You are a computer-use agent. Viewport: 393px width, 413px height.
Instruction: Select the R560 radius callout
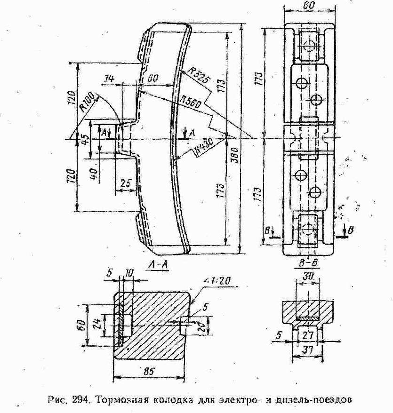[190, 102]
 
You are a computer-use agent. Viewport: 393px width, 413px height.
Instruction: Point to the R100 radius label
[87, 102]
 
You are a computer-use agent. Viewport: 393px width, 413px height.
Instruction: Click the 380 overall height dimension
[235, 155]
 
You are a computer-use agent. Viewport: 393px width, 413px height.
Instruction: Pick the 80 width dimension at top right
[309, 6]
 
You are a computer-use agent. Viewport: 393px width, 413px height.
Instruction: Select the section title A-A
[158, 265]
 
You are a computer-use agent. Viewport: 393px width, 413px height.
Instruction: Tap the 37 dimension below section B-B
[308, 350]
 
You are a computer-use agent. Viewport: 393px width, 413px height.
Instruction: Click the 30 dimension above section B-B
[308, 277]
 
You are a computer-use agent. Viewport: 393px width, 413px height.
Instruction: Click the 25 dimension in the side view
[126, 183]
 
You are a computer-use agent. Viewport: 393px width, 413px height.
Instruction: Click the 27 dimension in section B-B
[308, 335]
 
